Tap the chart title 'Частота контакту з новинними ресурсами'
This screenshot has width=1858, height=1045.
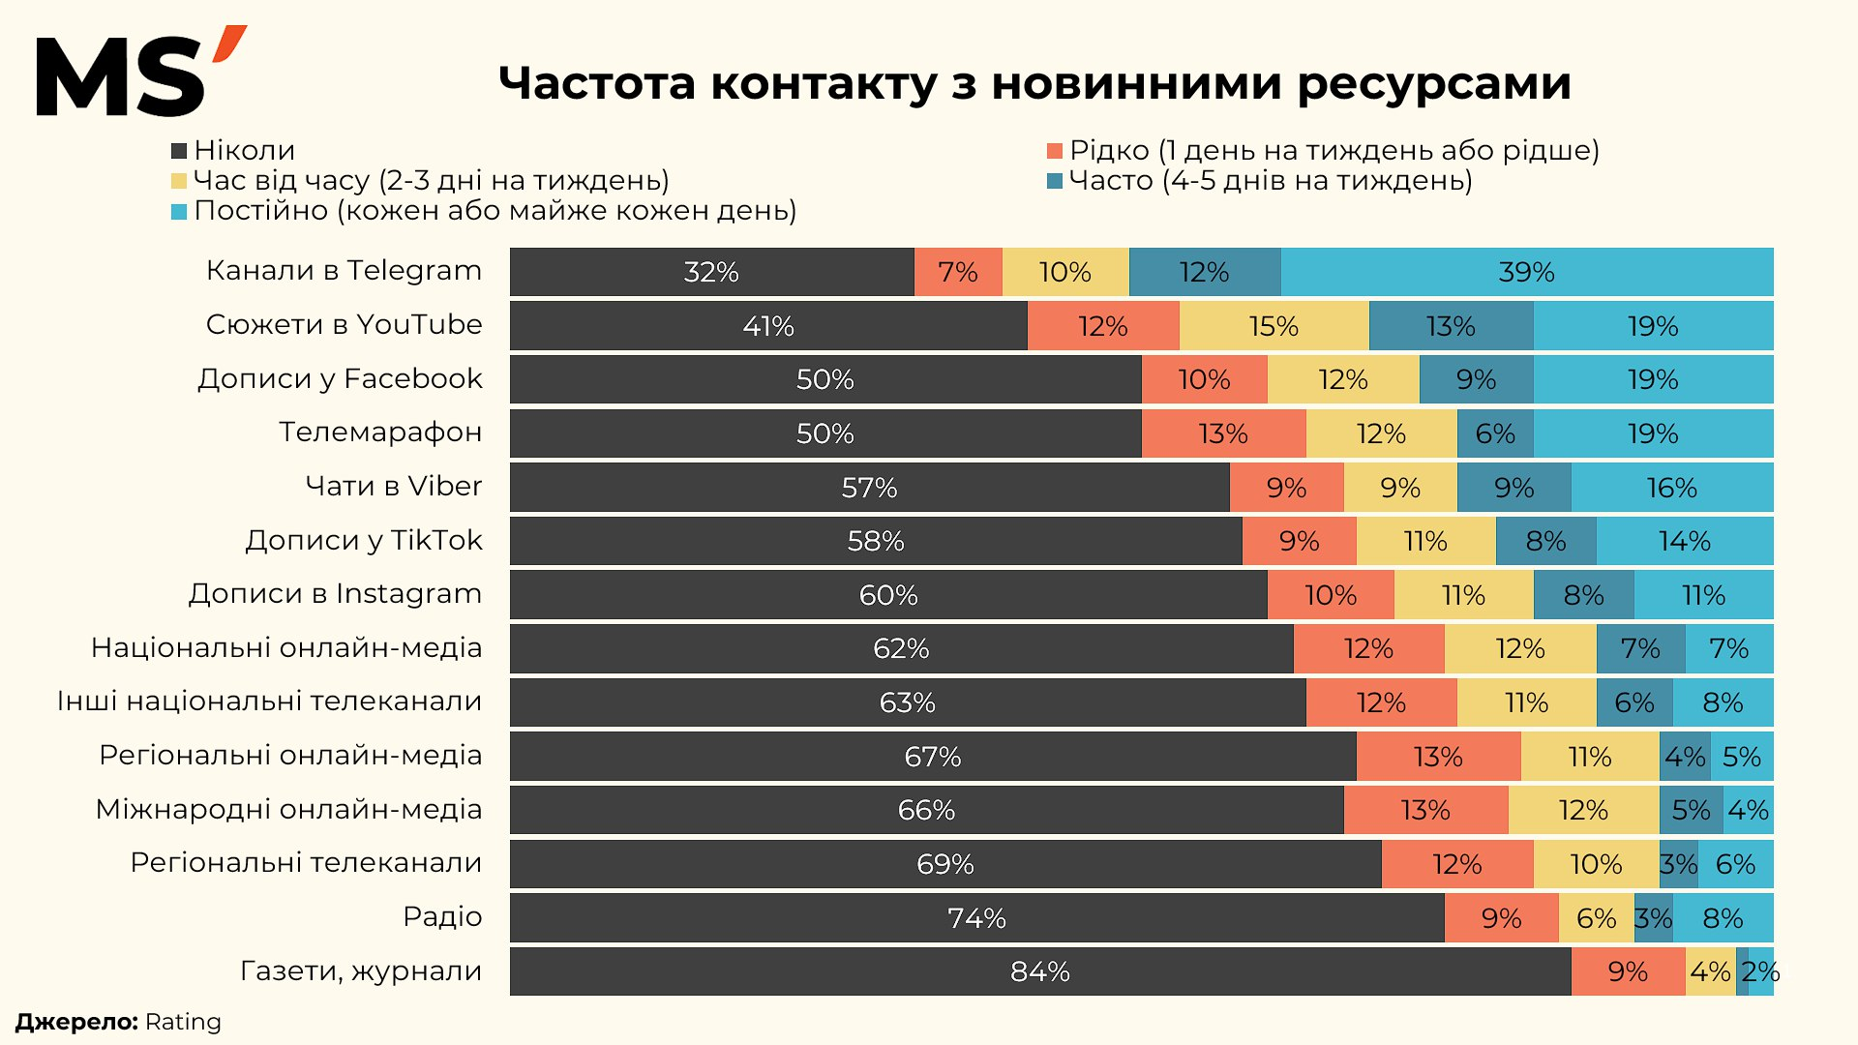tap(1034, 83)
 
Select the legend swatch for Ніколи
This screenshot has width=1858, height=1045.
tap(179, 151)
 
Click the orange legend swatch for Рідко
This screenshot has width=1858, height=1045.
tap(1055, 151)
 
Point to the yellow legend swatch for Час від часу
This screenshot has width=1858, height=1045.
tap(179, 181)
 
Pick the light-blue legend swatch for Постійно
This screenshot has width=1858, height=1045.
tap(179, 211)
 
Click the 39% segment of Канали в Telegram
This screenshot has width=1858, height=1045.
tap(1526, 272)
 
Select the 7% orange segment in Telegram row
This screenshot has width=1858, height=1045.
tap(957, 272)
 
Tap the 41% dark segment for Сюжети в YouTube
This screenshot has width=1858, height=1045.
tap(767, 326)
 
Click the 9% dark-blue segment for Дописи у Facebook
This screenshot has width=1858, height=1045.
tap(1476, 379)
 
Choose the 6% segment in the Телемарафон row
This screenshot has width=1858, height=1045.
tap(1494, 433)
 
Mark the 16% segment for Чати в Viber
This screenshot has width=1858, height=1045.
tap(1671, 488)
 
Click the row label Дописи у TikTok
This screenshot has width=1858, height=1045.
tap(363, 540)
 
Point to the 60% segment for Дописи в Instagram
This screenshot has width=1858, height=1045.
tap(887, 595)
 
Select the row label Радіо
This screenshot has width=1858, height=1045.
tap(442, 916)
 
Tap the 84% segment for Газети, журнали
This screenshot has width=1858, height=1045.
tap(1039, 971)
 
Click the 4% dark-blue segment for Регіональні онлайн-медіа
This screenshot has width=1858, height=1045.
tap(1685, 757)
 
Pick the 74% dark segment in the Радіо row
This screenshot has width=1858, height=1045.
tap(975, 918)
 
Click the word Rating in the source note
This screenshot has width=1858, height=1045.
tap(183, 1022)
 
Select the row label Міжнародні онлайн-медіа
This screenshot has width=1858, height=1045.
tap(288, 809)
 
